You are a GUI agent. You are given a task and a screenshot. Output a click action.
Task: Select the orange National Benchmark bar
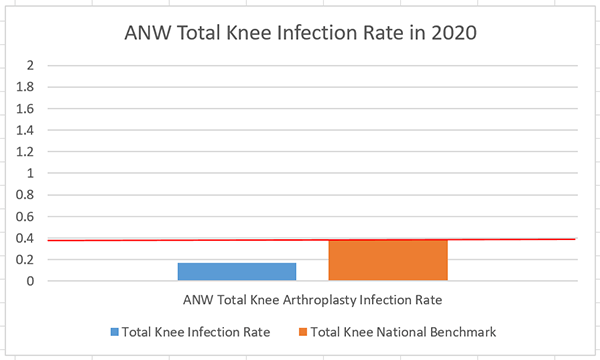tap(388, 260)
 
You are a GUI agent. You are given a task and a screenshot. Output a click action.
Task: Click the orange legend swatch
tap(303, 331)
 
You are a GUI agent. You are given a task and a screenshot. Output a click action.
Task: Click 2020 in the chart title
tap(450, 33)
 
